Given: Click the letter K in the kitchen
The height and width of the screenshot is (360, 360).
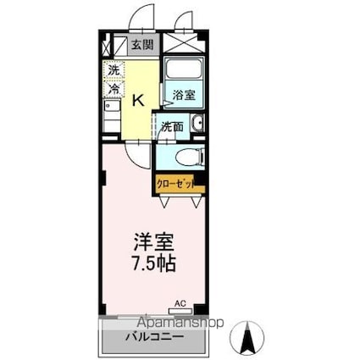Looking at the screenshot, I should coord(139,99).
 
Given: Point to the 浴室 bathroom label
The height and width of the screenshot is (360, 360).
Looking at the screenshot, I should coord(185,95).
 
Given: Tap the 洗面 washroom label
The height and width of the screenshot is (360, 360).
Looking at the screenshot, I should coord(172,127).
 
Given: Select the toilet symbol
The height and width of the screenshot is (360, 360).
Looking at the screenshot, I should coord(187,157).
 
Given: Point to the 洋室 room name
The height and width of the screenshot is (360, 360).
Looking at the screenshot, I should coord(153,239).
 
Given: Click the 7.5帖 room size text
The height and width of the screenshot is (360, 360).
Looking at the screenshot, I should coord(153,263).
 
